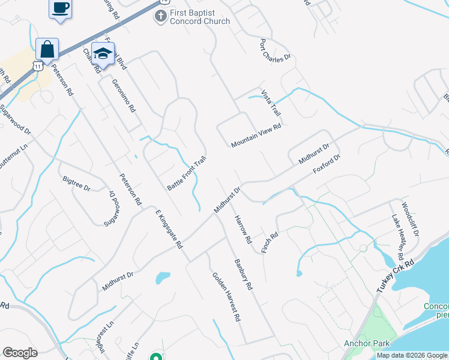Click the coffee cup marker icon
coord(59,8)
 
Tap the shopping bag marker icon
coord(47,49)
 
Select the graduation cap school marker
coord(103,54)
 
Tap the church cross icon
coord(160,16)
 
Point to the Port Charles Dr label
coord(275,50)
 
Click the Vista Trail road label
coord(271,103)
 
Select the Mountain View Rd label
coord(256,136)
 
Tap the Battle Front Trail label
coord(187,173)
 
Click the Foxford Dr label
coord(327,164)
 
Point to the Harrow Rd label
coord(243,229)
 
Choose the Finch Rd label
coord(270,242)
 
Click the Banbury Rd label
coord(244,274)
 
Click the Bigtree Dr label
coord(76,184)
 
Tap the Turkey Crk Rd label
coord(396,277)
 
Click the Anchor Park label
coord(367,344)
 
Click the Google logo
coord(20,353)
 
